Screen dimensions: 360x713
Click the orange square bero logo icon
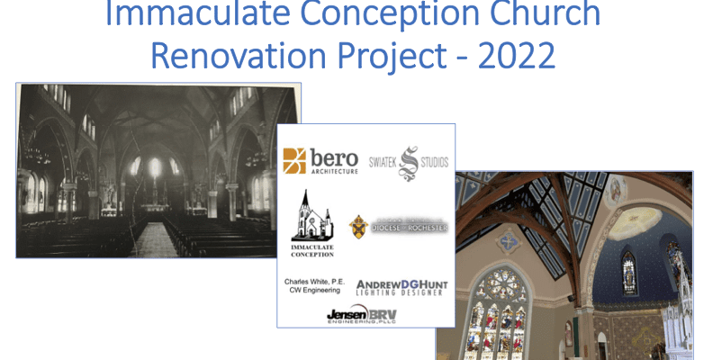coord(293,160)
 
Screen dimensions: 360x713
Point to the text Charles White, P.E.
coord(314,281)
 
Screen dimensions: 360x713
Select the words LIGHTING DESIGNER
coord(400,292)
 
